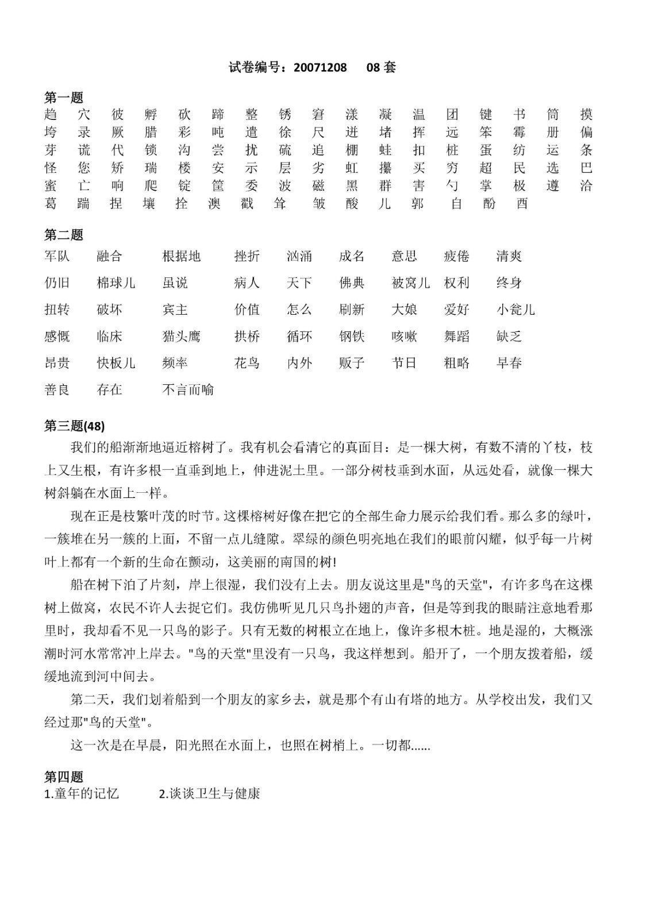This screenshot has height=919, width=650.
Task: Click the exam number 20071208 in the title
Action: click(320, 68)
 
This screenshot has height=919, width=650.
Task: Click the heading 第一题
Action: click(64, 98)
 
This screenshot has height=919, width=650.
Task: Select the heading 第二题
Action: click(64, 235)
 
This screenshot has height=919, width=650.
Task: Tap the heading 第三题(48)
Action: click(74, 426)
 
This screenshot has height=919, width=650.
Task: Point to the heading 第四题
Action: click(64, 777)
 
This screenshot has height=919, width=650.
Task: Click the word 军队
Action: click(57, 256)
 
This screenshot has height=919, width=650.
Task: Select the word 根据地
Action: click(182, 256)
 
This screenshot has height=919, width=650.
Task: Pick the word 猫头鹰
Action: click(182, 336)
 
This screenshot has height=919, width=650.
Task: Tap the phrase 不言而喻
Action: click(188, 389)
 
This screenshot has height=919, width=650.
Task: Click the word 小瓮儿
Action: click(516, 310)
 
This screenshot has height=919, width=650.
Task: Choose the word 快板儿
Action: click(116, 363)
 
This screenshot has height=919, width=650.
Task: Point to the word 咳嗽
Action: click(404, 336)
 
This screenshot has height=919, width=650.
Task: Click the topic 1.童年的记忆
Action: click(82, 794)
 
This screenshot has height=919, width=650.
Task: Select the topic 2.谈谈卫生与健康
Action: click(209, 794)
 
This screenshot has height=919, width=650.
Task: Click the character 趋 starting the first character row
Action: click(51, 114)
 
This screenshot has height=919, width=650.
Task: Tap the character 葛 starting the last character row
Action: click(51, 203)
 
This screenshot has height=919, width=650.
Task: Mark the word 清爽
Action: click(509, 256)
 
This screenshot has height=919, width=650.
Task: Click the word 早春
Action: click(509, 363)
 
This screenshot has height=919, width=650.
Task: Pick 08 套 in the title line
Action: click(381, 68)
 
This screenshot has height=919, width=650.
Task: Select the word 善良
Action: click(57, 389)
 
